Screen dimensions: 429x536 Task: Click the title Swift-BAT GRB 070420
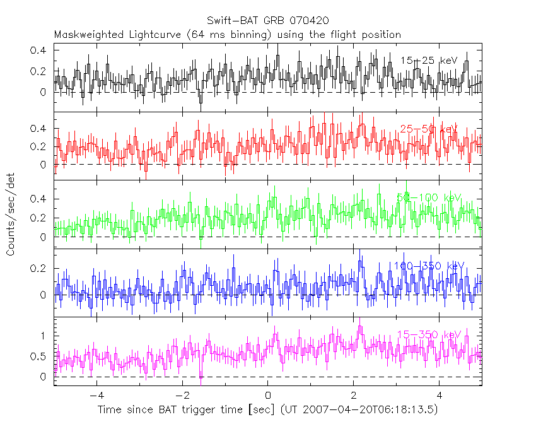coord(267,21)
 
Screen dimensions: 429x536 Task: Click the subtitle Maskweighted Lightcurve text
coord(228,34)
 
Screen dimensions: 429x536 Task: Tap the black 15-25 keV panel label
coord(429,61)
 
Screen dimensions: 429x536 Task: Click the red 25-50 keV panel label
coord(429,129)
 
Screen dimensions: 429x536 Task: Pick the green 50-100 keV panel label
coord(429,197)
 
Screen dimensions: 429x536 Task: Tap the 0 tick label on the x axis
coord(268,397)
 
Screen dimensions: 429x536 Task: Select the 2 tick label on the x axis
coord(354,397)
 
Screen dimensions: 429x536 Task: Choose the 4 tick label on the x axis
coord(440,397)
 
